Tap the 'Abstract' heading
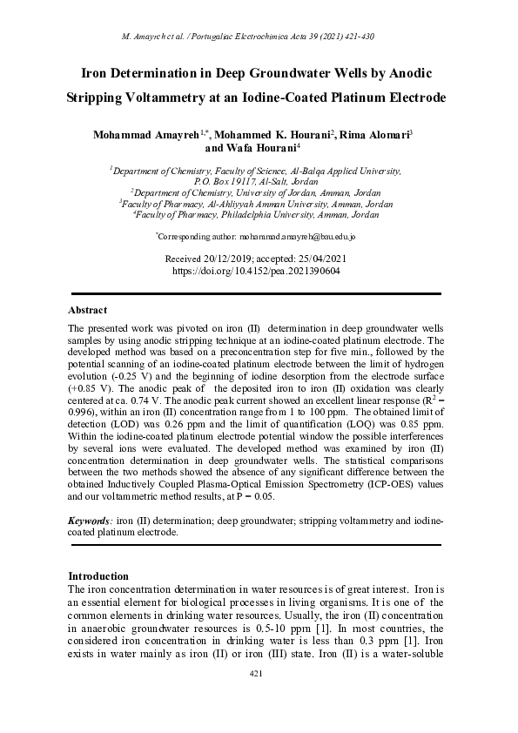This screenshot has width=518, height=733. [87, 310]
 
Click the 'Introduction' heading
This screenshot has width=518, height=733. [98, 576]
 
